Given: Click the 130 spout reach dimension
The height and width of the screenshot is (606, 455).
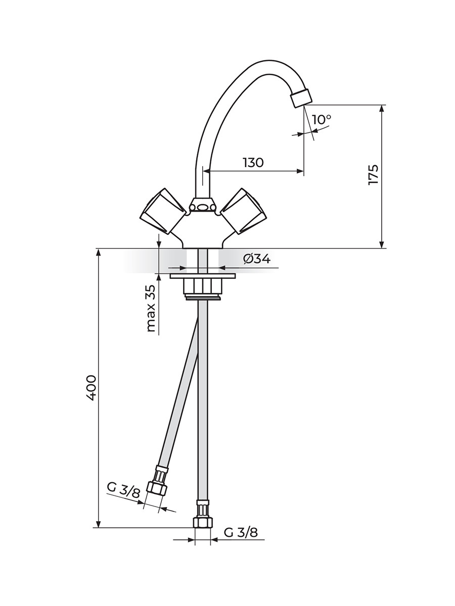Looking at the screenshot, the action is click(253, 163).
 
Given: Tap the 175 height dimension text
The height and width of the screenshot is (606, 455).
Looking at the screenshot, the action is click(373, 175).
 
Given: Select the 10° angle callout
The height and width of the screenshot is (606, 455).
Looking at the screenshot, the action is click(322, 120).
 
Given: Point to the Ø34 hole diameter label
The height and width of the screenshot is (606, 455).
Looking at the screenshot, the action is click(257, 259).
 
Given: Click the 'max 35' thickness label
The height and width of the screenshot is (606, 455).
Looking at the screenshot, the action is click(151, 308).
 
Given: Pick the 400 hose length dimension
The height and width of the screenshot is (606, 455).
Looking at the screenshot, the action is click(91, 388).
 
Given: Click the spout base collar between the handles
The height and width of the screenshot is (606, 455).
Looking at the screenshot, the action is click(203, 206).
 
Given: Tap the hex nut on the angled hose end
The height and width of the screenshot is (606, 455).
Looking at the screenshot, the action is click(157, 489).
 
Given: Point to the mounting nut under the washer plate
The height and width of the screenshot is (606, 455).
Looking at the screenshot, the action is click(203, 286).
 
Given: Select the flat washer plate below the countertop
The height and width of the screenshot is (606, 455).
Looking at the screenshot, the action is click(203, 276).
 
